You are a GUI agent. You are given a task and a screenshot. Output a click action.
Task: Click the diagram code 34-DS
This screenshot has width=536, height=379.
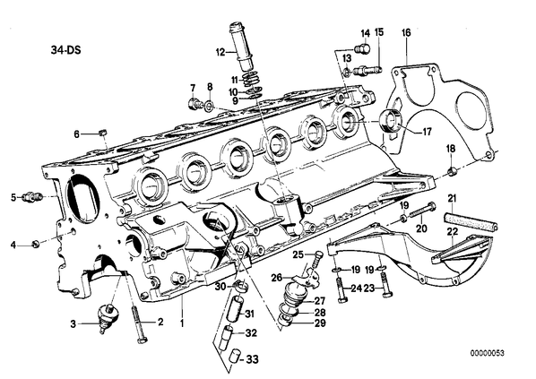pos(66,50)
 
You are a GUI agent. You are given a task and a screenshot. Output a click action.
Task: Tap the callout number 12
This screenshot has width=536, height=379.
pos(220,52)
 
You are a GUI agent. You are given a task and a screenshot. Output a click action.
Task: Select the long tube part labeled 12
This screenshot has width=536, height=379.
pos(242,46)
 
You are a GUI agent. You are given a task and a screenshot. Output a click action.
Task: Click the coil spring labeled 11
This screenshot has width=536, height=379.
pos(252,80)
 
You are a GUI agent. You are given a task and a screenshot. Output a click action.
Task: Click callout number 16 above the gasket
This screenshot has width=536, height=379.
pos(406,32)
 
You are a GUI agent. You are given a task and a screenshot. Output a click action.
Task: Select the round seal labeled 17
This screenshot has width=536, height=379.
pos(392,121)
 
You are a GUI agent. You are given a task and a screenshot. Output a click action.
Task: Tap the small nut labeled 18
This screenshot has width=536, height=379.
pos(452,170)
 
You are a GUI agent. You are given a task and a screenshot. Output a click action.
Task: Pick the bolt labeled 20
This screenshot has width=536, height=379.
pos(421,211)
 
